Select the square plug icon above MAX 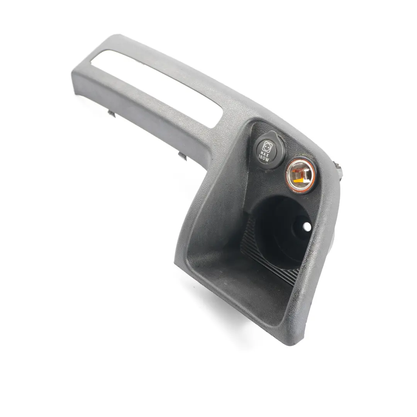(266, 146)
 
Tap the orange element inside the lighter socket (302, 177)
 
